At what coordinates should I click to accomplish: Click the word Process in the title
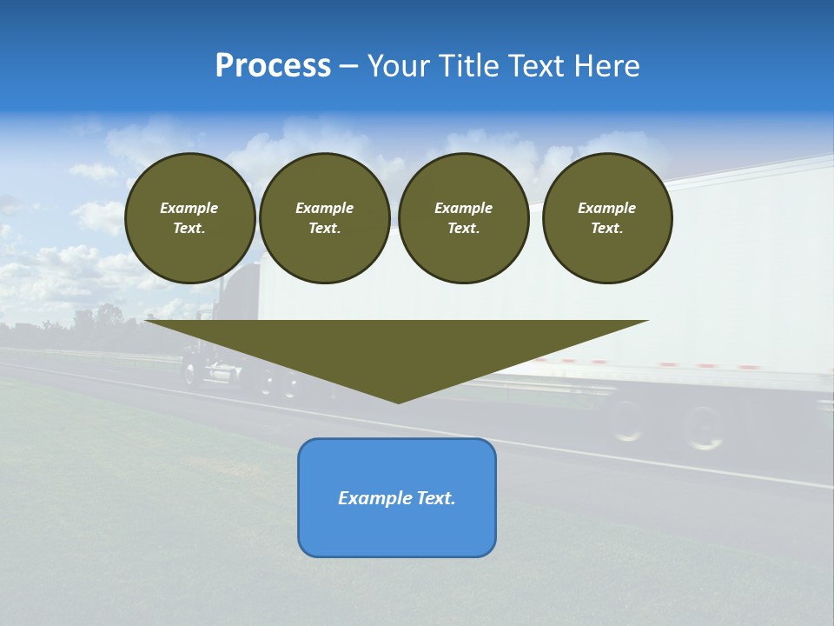[273, 66]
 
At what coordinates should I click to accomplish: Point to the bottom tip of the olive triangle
[398, 401]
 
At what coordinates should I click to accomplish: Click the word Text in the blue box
[436, 498]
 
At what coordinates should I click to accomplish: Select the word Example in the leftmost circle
[189, 208]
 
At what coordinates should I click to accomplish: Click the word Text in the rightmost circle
[606, 228]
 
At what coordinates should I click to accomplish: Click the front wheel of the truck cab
[193, 372]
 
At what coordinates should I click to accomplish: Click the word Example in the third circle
[463, 208]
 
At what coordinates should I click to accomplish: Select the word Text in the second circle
[324, 228]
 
